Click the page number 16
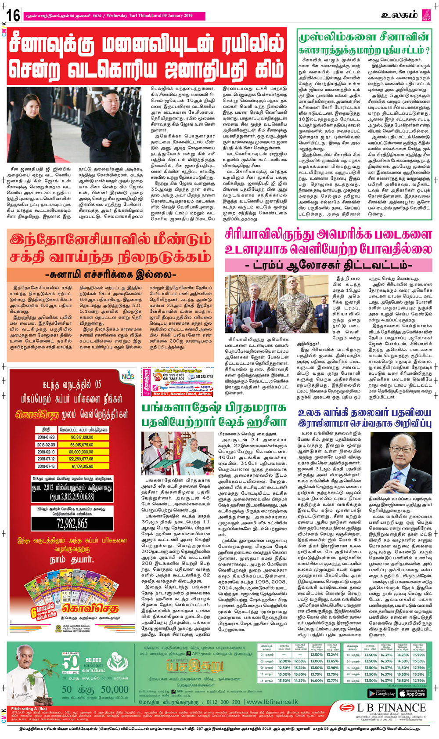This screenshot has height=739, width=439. coord(13,16)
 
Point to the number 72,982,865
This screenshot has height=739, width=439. coord(72,523)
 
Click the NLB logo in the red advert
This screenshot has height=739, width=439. coord(127,376)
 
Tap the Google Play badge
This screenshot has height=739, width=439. coord(381,693)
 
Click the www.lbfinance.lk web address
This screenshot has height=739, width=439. coord(272,702)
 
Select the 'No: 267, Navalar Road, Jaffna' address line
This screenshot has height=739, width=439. coord(181,394)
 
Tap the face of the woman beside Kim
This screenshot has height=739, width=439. coord(33,105)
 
